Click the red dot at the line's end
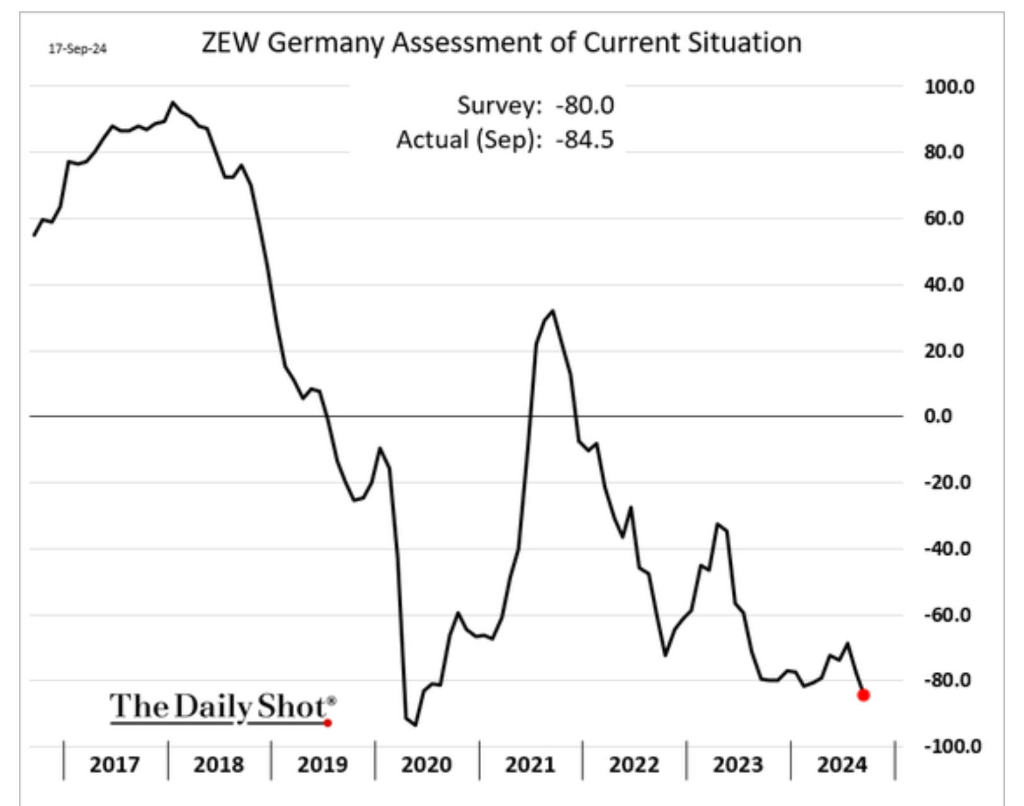point(863,695)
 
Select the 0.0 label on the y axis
point(938,416)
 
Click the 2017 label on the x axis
point(115,765)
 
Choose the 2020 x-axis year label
point(426,765)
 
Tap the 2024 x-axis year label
point(842,765)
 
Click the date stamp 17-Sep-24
point(78,49)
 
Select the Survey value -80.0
point(584,105)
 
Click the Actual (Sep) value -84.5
point(584,139)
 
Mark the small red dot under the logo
point(327,723)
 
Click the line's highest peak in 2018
point(173,102)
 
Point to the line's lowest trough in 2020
point(415,725)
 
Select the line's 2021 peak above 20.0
point(552,310)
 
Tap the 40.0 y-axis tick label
point(943,285)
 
